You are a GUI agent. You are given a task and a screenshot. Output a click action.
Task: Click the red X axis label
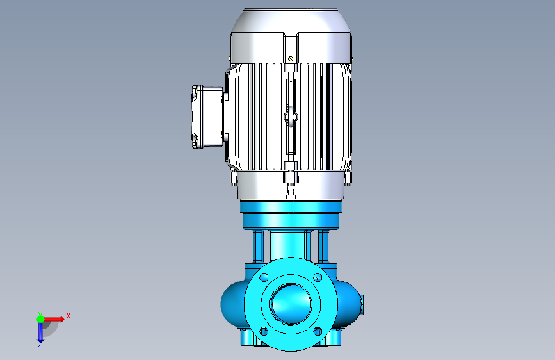pyautogui.click(x=68, y=316)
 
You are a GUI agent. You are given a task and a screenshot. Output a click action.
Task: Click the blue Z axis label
pyautogui.click(x=40, y=344)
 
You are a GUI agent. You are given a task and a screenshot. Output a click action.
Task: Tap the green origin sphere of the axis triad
pyautogui.click(x=41, y=319)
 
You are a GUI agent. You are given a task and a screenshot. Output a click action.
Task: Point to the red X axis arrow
pyautogui.click(x=54, y=319)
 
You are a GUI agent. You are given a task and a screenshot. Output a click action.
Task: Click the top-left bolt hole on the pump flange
pyautogui.click(x=264, y=277)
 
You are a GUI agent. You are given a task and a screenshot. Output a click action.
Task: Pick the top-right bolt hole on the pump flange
pyautogui.click(x=318, y=277)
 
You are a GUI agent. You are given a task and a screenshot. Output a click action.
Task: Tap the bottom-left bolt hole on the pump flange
pyautogui.click(x=264, y=331)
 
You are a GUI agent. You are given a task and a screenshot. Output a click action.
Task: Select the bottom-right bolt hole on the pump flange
pyautogui.click(x=318, y=331)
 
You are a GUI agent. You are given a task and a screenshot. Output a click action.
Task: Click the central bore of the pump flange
pyautogui.click(x=291, y=304)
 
